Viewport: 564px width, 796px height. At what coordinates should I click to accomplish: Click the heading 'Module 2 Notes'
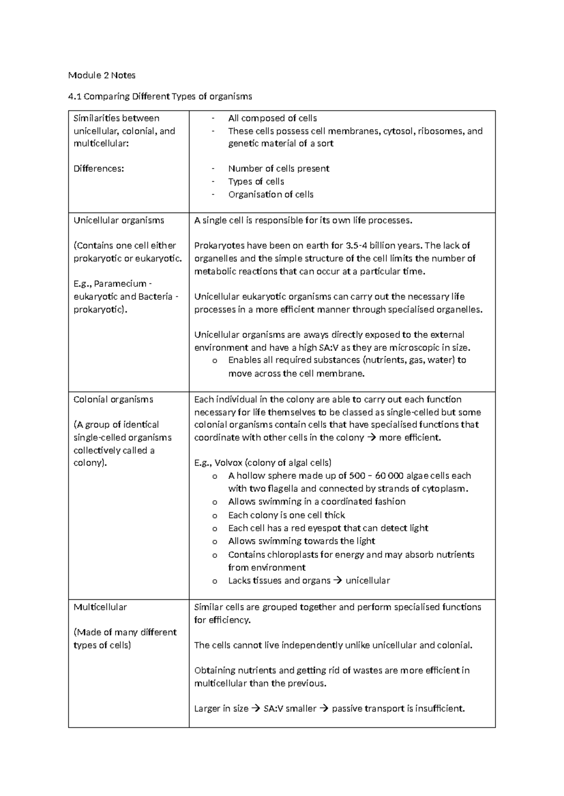pyautogui.click(x=102, y=75)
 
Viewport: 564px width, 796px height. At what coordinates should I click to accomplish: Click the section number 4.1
pyautogui.click(x=75, y=97)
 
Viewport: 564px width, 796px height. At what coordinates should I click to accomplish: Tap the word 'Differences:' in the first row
pyautogui.click(x=99, y=168)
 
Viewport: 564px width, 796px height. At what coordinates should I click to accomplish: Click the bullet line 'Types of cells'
pyautogui.click(x=256, y=182)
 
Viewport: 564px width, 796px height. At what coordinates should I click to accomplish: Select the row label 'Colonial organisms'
pyautogui.click(x=113, y=399)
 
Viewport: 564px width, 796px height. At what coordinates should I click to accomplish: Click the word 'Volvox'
pyautogui.click(x=229, y=462)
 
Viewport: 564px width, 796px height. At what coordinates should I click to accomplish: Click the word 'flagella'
pyautogui.click(x=282, y=489)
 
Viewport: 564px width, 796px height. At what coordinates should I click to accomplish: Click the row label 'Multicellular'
pyautogui.click(x=100, y=607)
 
